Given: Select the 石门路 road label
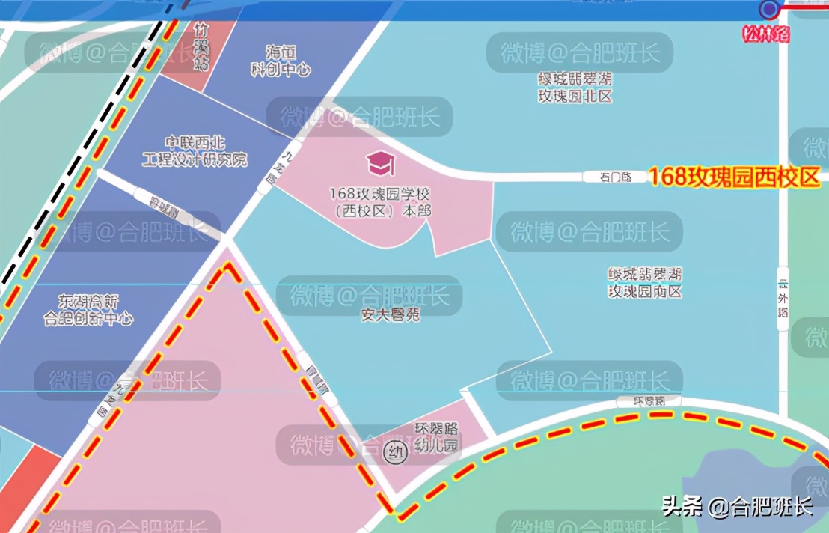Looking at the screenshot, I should tap(615, 177).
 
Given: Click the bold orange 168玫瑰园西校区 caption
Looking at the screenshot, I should tap(734, 177).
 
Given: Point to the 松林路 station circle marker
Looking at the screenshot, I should tap(768, 9).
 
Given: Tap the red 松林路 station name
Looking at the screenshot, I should tap(765, 34).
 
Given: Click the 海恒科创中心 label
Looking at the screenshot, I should tap(279, 61).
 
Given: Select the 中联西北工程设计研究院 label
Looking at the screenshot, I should tap(195, 151).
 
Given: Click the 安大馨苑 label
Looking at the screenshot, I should tap(391, 315).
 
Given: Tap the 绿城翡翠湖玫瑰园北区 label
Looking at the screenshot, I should tap(575, 87).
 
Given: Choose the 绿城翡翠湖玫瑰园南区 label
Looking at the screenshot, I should tap(645, 283).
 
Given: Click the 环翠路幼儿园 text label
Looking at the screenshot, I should tap(437, 438).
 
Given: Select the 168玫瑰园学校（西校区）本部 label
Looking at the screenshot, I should tap(380, 202).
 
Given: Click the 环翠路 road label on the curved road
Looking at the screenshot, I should tap(649, 401).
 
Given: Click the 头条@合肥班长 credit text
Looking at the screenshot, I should tap(737, 507).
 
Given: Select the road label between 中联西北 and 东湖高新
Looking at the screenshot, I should tap(165, 203).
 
